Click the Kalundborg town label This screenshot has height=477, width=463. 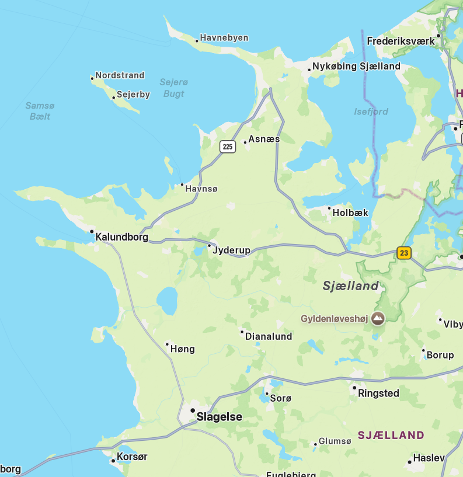pyautogui.click(x=121, y=237)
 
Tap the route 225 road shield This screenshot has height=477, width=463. pyautogui.click(x=228, y=147)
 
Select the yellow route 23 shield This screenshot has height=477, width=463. pyautogui.click(x=403, y=253)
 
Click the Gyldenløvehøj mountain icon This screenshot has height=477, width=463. pyautogui.click(x=378, y=318)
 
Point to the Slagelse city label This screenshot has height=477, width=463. pyautogui.click(x=219, y=417)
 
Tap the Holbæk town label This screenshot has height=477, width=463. pyautogui.click(x=350, y=213)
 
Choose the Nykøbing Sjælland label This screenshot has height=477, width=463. pyautogui.click(x=356, y=66)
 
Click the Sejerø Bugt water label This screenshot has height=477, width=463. pyautogui.click(x=174, y=88)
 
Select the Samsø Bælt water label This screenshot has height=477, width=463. pyautogui.click(x=40, y=111)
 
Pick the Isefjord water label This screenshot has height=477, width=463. pyautogui.click(x=371, y=112)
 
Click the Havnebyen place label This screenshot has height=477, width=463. pyautogui.click(x=224, y=38)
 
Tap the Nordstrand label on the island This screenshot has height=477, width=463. pyautogui.click(x=120, y=75)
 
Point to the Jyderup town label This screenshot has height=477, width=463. pyautogui.click(x=232, y=250)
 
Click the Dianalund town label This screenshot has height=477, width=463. pyautogui.click(x=269, y=336)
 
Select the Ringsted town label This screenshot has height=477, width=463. pyautogui.click(x=378, y=393)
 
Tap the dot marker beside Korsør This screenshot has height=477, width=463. pyautogui.click(x=113, y=461)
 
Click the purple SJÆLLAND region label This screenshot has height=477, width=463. pyautogui.click(x=391, y=435)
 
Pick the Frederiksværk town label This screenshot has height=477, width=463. pyautogui.click(x=401, y=41)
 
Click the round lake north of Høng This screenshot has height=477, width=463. pyautogui.click(x=167, y=300)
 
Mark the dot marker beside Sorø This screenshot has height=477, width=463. pyautogui.click(x=267, y=394)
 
